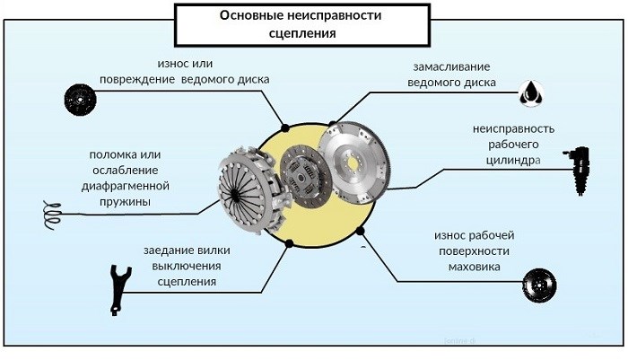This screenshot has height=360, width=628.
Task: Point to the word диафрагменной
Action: pos(125,186)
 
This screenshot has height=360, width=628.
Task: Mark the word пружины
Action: pos(125,202)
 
